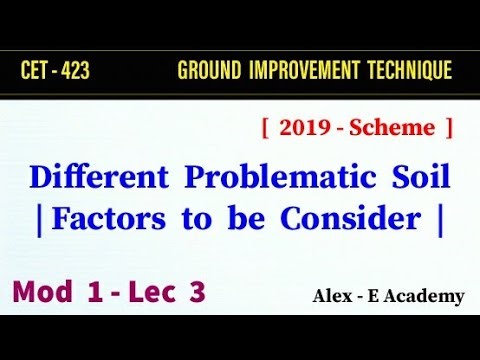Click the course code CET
pyautogui.click(x=34, y=72)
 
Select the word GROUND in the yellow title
pyautogui.click(x=207, y=72)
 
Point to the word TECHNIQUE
pyautogui.click(x=409, y=72)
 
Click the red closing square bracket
pyautogui.click(x=450, y=129)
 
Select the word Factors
pyautogui.click(x=102, y=220)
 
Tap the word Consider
pyautogui.click(x=369, y=220)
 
